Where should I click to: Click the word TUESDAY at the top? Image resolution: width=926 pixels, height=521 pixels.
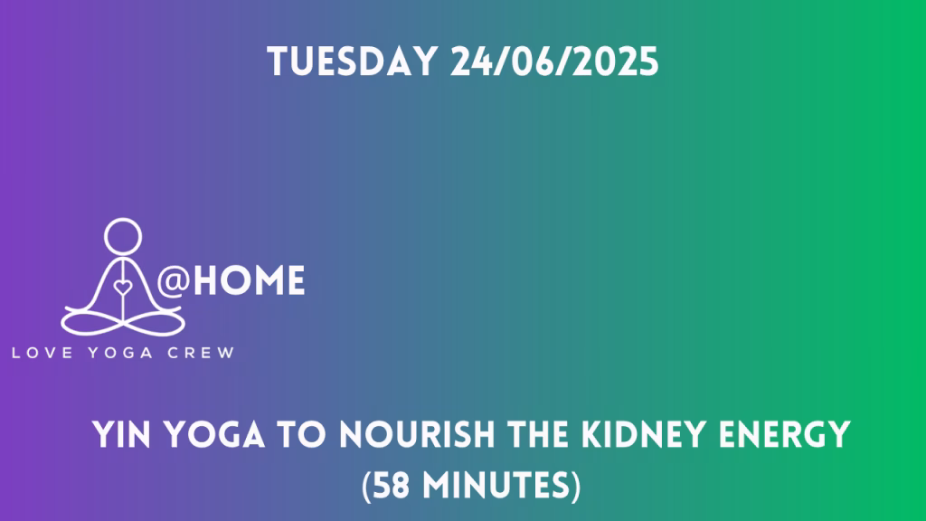click(x=352, y=62)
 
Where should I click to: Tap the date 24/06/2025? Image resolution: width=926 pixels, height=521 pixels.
click(x=554, y=62)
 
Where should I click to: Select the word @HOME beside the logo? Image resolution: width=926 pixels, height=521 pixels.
click(x=231, y=280)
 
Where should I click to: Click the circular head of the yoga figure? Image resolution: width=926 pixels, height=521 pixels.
click(x=123, y=236)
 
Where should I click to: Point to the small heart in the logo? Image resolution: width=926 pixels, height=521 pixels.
click(x=123, y=288)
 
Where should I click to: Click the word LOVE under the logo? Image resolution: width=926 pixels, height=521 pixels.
click(x=43, y=354)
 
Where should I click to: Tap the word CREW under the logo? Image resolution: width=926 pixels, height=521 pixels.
click(x=201, y=354)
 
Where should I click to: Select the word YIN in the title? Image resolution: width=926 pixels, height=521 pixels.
click(x=121, y=435)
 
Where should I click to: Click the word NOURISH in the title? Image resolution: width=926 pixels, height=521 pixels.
click(x=418, y=435)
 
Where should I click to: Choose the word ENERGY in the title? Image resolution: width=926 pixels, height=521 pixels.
click(x=785, y=435)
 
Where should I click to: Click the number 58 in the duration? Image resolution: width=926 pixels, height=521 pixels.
click(x=392, y=486)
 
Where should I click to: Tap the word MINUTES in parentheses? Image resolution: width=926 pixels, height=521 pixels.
click(x=495, y=486)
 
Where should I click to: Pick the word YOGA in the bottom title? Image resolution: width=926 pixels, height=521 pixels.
click(x=213, y=435)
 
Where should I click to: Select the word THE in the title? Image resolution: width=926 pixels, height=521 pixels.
click(x=538, y=435)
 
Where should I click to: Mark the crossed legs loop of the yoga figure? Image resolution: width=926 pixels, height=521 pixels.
click(x=123, y=323)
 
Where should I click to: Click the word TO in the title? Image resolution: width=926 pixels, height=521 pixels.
click(x=302, y=435)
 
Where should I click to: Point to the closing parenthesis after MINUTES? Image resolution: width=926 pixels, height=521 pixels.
click(x=574, y=486)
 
